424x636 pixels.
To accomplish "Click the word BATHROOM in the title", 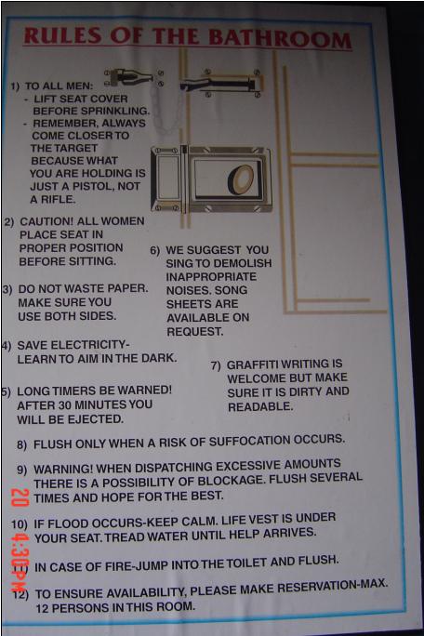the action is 280,40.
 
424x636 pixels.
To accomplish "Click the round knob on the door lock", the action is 241,180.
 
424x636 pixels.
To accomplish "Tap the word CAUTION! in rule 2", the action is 46,222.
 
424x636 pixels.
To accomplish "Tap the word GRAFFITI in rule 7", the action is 252,364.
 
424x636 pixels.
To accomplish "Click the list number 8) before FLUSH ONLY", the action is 22,444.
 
